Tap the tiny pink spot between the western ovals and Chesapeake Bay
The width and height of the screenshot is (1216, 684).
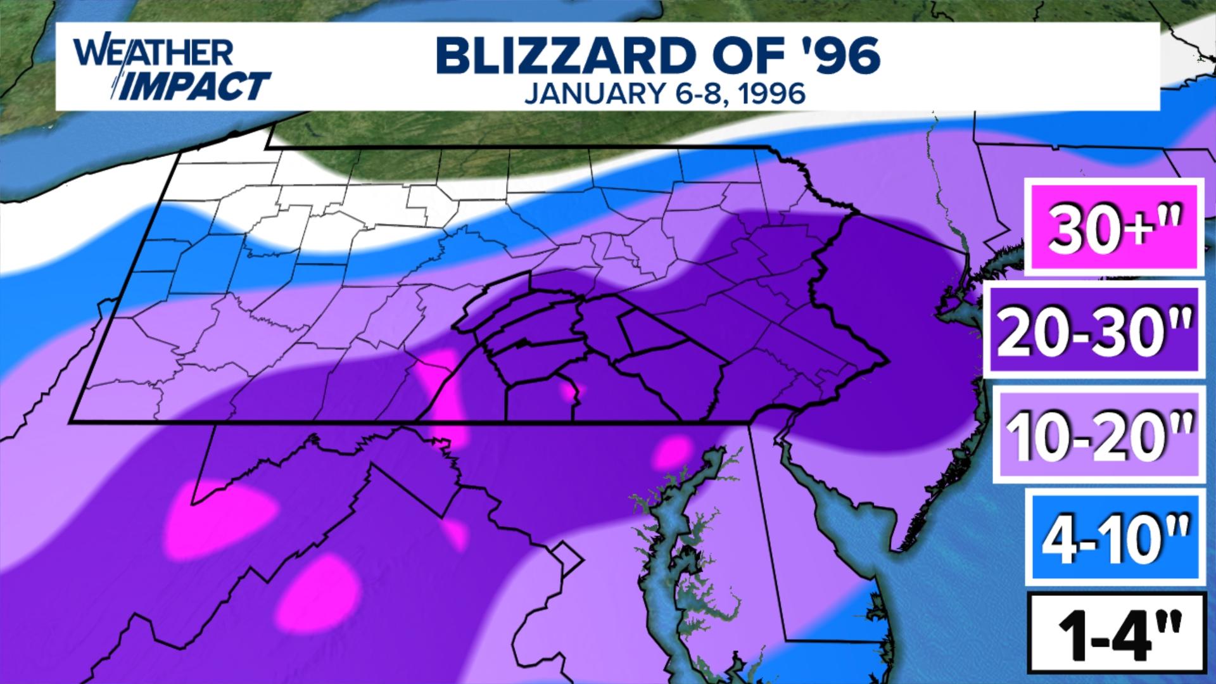tap(455, 534)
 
